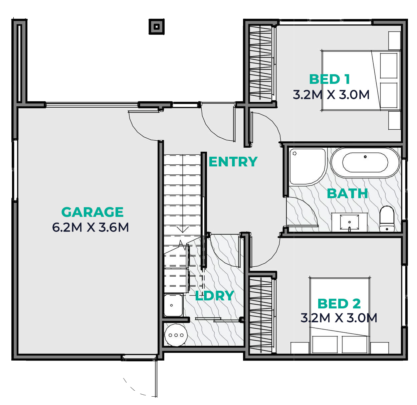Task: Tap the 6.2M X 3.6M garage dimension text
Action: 90,227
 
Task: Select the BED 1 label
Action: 329,79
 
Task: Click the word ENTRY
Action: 233,161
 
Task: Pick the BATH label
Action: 347,193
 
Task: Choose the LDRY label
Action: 214,296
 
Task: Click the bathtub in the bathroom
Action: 365,163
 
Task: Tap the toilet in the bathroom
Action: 387,219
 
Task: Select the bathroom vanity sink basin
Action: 349,222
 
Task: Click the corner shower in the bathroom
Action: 307,166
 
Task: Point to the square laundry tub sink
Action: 173,305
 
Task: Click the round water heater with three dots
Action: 176,335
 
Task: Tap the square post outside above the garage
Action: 157,27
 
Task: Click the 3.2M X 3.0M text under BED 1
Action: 331,95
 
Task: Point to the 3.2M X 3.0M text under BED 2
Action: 339,318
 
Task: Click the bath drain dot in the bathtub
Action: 365,157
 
